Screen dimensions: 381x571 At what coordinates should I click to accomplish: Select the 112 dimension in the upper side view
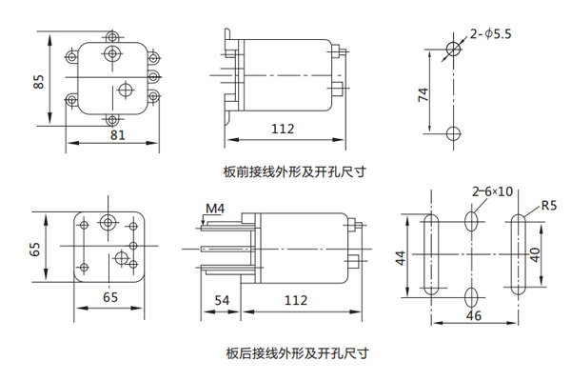click(x=283, y=129)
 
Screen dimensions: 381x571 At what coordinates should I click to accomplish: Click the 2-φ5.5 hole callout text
click(x=491, y=34)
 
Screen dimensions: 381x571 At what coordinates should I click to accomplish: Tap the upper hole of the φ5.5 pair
click(x=454, y=49)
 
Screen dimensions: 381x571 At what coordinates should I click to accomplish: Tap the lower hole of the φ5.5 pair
click(x=454, y=131)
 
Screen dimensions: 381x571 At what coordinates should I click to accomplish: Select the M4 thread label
click(x=214, y=208)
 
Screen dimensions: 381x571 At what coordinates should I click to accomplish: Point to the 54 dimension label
click(x=222, y=301)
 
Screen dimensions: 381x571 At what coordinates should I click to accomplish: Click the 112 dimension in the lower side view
click(x=297, y=301)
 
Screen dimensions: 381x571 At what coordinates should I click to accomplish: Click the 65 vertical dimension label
click(x=35, y=249)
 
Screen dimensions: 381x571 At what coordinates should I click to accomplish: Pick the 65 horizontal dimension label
click(x=110, y=298)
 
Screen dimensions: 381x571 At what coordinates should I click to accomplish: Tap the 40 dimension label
click(x=535, y=256)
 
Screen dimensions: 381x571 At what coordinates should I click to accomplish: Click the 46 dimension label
click(x=474, y=313)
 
